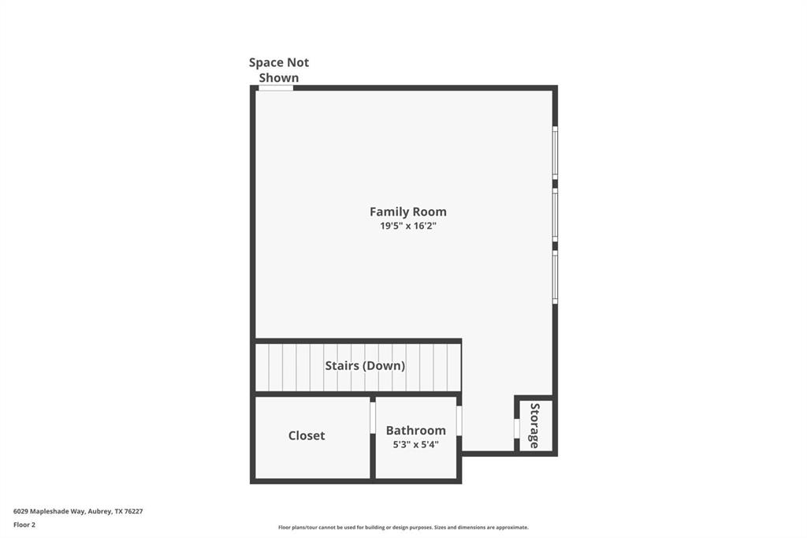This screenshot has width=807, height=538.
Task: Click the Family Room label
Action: pyautogui.click(x=407, y=211)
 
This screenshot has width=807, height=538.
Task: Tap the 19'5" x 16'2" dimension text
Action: pyautogui.click(x=407, y=226)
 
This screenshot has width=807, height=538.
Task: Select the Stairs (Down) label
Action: pyautogui.click(x=365, y=366)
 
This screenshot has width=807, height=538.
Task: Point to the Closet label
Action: pyautogui.click(x=307, y=435)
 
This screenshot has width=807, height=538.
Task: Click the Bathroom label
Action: pyautogui.click(x=415, y=431)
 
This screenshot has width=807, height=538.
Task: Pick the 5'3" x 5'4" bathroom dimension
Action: pyautogui.click(x=415, y=445)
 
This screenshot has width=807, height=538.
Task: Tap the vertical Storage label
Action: pyautogui.click(x=534, y=426)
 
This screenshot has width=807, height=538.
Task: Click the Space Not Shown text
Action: pyautogui.click(x=279, y=69)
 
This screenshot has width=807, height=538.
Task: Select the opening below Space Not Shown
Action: pyautogui.click(x=276, y=88)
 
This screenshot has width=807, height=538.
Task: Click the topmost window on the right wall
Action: pyautogui.click(x=555, y=152)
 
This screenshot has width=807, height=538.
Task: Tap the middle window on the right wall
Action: pyautogui.click(x=555, y=215)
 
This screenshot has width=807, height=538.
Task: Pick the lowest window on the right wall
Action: pyautogui.click(x=555, y=277)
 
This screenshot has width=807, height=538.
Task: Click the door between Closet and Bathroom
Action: pyautogui.click(x=373, y=418)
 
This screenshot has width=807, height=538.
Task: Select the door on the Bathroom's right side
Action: pyautogui.click(x=459, y=420)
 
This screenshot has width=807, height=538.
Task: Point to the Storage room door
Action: pyautogui.click(x=517, y=428)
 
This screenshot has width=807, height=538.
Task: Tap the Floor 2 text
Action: pyautogui.click(x=24, y=525)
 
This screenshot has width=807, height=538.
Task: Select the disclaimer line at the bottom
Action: pyautogui.click(x=403, y=528)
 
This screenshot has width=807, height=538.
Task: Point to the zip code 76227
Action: pyautogui.click(x=133, y=511)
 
